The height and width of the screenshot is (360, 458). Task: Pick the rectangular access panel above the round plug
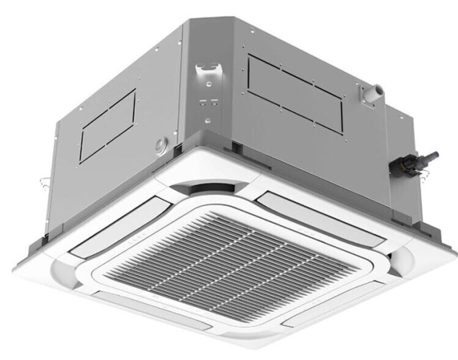click(107, 125)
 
